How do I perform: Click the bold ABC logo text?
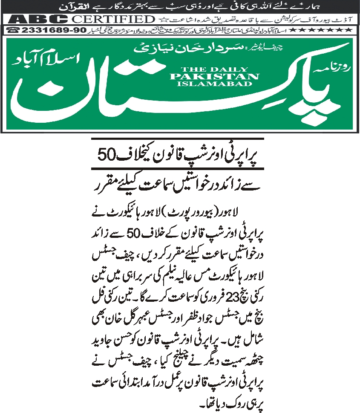38,20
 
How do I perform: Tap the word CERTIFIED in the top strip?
112,20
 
